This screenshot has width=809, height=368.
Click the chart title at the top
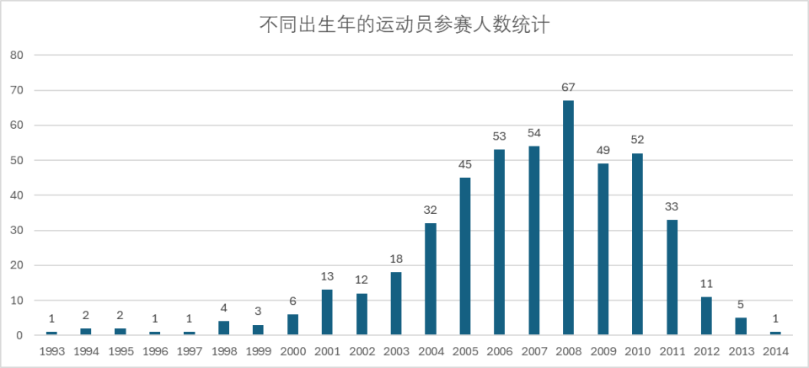tap(404, 25)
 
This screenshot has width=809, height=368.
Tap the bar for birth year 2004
tap(431, 279)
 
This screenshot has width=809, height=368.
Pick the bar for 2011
tap(672, 277)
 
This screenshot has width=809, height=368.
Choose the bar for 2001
tap(327, 312)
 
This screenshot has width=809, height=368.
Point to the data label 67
tap(569, 88)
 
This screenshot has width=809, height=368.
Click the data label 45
tap(465, 165)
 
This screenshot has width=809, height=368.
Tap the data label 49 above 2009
tap(603, 151)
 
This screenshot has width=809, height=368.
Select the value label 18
tap(396, 259)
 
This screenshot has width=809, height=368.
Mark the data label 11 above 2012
tap(707, 284)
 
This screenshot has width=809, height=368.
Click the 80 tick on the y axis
tap(17, 56)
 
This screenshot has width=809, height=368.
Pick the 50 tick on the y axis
tap(17, 161)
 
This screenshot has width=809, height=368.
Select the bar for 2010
tap(638, 244)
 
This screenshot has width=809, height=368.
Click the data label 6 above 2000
tap(292, 301)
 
